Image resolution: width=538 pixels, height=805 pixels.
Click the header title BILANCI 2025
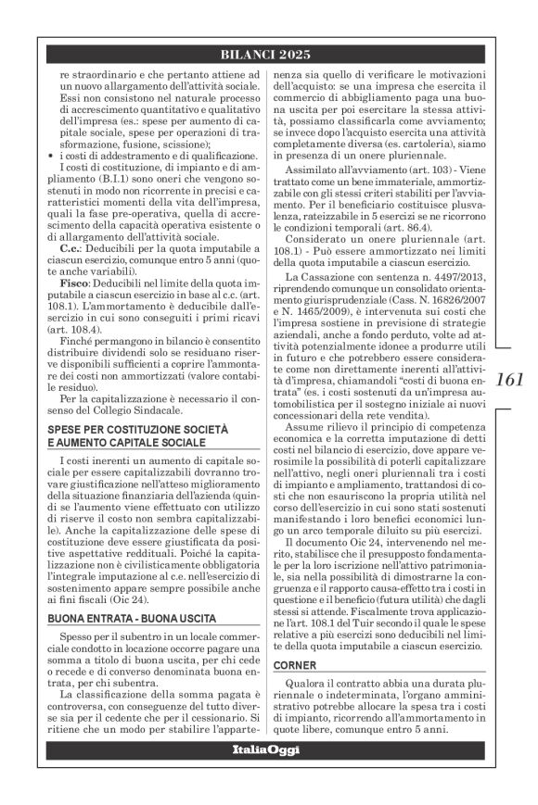click(268, 52)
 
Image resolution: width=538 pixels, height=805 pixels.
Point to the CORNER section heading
click(297, 664)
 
